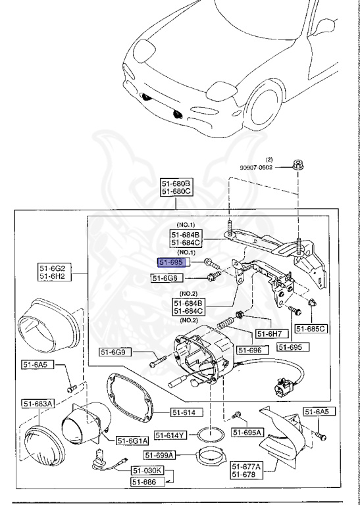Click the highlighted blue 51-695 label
point(173,262)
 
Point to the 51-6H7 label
point(268,333)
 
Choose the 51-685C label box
point(310,328)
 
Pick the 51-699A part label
point(159,455)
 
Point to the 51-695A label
point(247,432)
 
